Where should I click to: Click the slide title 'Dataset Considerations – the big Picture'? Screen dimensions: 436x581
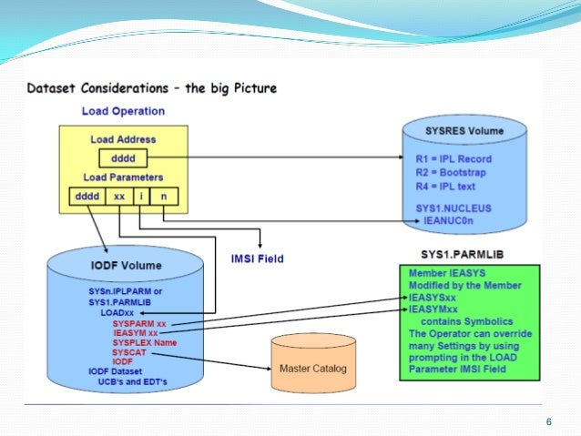tap(151, 88)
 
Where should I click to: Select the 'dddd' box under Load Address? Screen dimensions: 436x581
tap(121, 157)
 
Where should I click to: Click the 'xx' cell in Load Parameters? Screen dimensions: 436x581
tap(119, 196)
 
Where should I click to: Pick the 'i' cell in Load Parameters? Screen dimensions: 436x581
tap(141, 196)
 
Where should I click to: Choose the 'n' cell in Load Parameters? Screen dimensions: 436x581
tap(164, 196)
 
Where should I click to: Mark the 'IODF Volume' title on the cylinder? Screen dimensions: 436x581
tap(126, 266)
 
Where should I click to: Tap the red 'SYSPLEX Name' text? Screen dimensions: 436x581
tap(144, 342)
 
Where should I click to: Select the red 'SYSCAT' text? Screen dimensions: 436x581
tap(127, 351)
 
